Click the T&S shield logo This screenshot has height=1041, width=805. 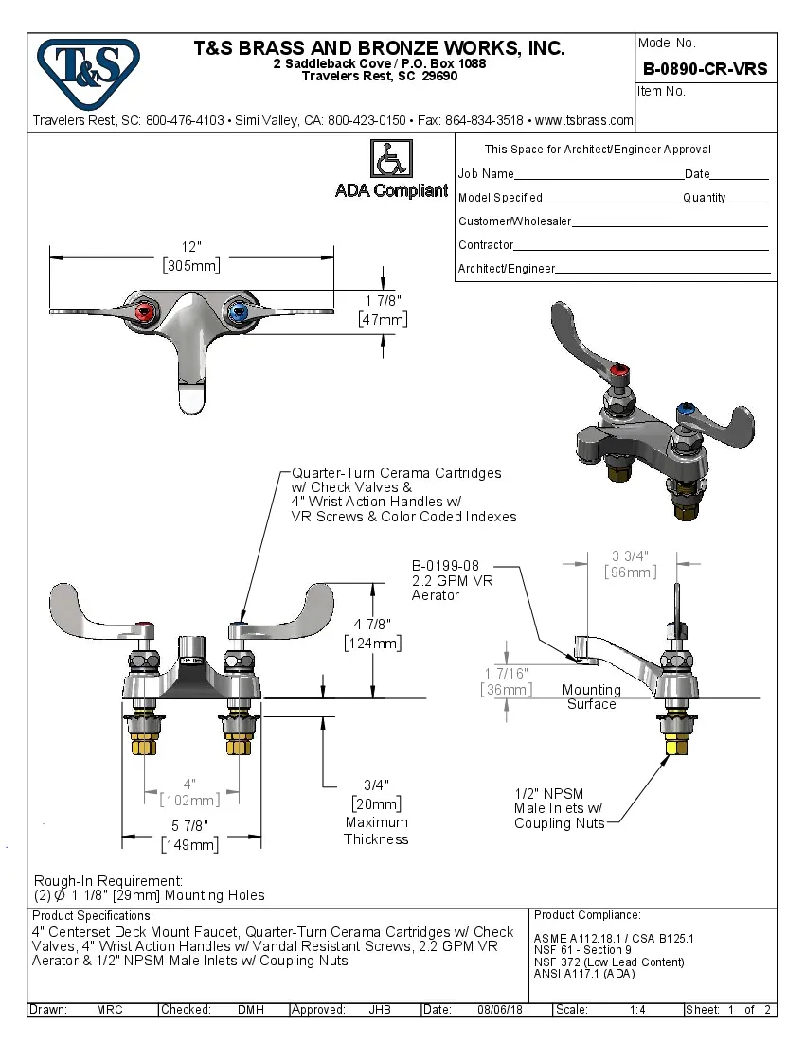point(88,69)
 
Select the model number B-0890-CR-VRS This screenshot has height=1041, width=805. point(705,69)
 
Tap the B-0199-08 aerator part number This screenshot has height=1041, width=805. point(445,565)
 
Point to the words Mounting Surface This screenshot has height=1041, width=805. point(591,697)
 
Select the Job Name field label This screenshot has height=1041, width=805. point(486,174)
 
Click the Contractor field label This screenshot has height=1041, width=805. point(486,245)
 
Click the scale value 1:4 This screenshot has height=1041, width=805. point(637,1010)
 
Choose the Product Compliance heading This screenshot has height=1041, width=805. point(587,915)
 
